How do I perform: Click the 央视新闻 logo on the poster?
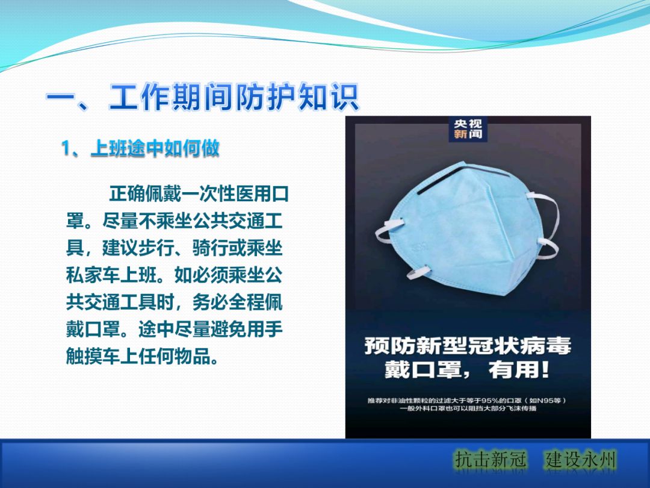coord(468,129)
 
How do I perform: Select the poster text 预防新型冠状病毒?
coord(468,346)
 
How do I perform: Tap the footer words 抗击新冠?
coord(491,460)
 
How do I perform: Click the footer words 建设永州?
coord(581,460)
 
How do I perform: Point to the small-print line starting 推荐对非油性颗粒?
coord(468,401)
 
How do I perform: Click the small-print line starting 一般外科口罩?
coord(468,409)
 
